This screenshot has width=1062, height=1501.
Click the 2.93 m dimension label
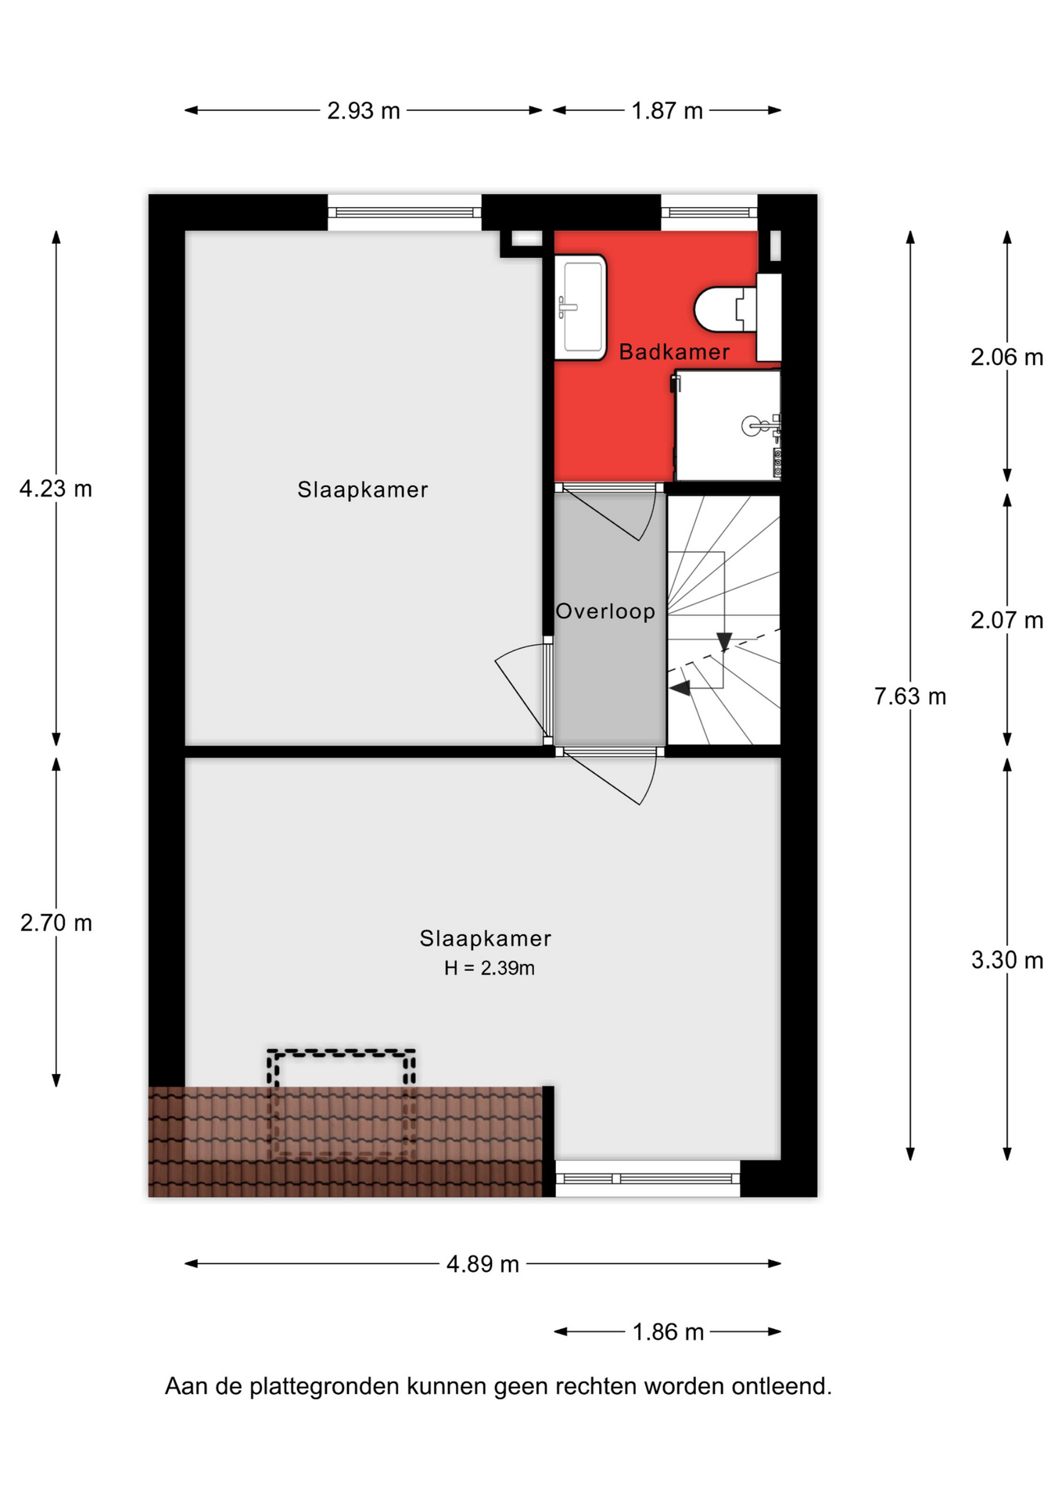(x=364, y=111)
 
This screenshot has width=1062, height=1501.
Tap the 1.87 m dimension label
(x=667, y=111)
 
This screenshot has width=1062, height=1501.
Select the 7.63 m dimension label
(x=910, y=696)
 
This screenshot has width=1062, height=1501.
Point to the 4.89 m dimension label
(x=483, y=1264)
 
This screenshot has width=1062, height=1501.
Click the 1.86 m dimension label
(x=668, y=1332)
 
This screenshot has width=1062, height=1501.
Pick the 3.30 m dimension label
(x=1007, y=960)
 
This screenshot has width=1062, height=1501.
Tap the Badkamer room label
(x=674, y=352)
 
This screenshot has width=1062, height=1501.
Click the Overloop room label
(x=605, y=611)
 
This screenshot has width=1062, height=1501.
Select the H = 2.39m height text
(x=490, y=969)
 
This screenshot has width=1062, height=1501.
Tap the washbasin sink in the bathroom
(x=580, y=307)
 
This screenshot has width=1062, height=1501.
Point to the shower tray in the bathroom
(x=727, y=425)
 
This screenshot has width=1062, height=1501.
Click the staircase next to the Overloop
(x=723, y=620)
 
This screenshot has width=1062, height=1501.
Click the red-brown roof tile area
(x=345, y=1141)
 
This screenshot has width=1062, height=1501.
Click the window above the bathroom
(x=709, y=212)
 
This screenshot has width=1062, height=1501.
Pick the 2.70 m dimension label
(x=56, y=923)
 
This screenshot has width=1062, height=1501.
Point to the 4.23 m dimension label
(x=56, y=489)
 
